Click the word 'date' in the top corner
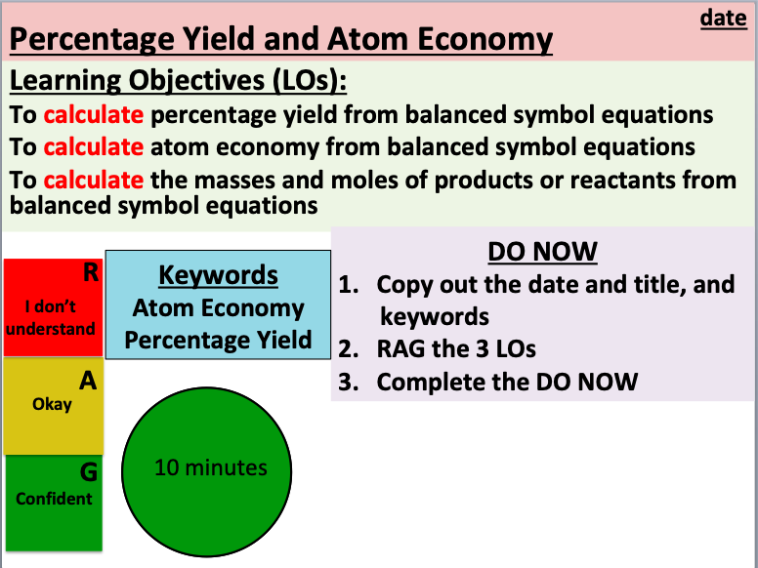coord(724,18)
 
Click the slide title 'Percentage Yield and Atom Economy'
coord(281,41)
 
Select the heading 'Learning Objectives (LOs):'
coord(178,80)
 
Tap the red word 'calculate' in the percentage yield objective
coord(93,114)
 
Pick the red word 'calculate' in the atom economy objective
coord(93,147)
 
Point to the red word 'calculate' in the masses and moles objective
coord(93,181)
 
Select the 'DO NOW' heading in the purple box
coord(542,252)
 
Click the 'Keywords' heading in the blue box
coord(218,275)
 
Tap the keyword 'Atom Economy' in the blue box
coord(218,307)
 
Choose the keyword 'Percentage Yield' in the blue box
coord(218,340)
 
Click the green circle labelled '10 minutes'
coord(210,468)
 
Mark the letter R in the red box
coord(89,274)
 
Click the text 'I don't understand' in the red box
coord(51,317)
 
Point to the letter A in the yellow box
coord(88,383)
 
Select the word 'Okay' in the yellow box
coord(52,403)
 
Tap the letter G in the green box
coord(88,473)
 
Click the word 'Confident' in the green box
coord(54,498)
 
